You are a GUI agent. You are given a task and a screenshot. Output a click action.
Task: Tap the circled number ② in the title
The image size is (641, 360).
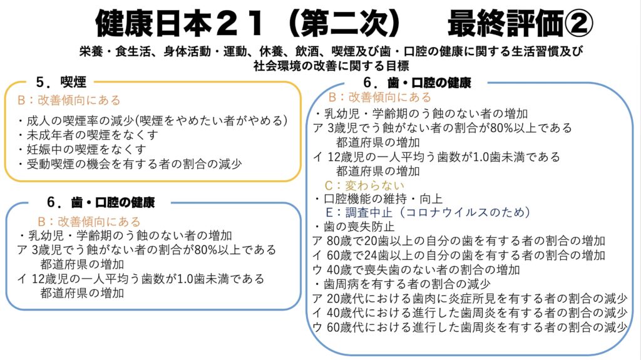[x=578, y=23]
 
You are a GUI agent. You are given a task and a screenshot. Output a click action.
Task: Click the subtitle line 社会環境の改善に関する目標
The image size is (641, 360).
[x=331, y=66]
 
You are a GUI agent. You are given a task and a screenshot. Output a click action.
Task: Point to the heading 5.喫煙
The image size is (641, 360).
[x=61, y=82]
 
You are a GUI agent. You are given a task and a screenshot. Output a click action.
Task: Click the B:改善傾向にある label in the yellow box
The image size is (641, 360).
[x=69, y=100]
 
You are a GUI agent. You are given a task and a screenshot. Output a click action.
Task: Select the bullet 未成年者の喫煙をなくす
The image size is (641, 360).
[x=88, y=135]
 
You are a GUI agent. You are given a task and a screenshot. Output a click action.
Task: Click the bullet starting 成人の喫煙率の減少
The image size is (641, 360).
[x=153, y=121]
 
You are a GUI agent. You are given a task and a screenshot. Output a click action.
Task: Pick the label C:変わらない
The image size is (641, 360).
[x=364, y=186]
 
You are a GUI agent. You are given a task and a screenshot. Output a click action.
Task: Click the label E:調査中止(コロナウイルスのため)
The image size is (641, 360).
[x=428, y=212]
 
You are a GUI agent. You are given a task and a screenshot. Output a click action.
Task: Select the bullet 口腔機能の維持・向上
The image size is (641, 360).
[x=379, y=199]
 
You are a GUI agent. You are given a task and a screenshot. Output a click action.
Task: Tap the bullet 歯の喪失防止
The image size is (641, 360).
[x=354, y=226]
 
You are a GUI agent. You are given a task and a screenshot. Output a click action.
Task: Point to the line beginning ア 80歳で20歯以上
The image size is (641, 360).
[x=459, y=241]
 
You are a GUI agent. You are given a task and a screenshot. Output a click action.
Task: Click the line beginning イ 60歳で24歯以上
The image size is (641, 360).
[x=459, y=255]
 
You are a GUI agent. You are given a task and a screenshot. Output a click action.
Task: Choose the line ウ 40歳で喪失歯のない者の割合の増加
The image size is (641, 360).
[x=416, y=270]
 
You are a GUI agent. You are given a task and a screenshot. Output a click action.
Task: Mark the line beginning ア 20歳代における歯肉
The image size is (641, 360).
[x=469, y=299]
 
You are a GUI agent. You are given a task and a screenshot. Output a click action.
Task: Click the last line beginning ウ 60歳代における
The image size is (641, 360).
[x=469, y=327]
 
